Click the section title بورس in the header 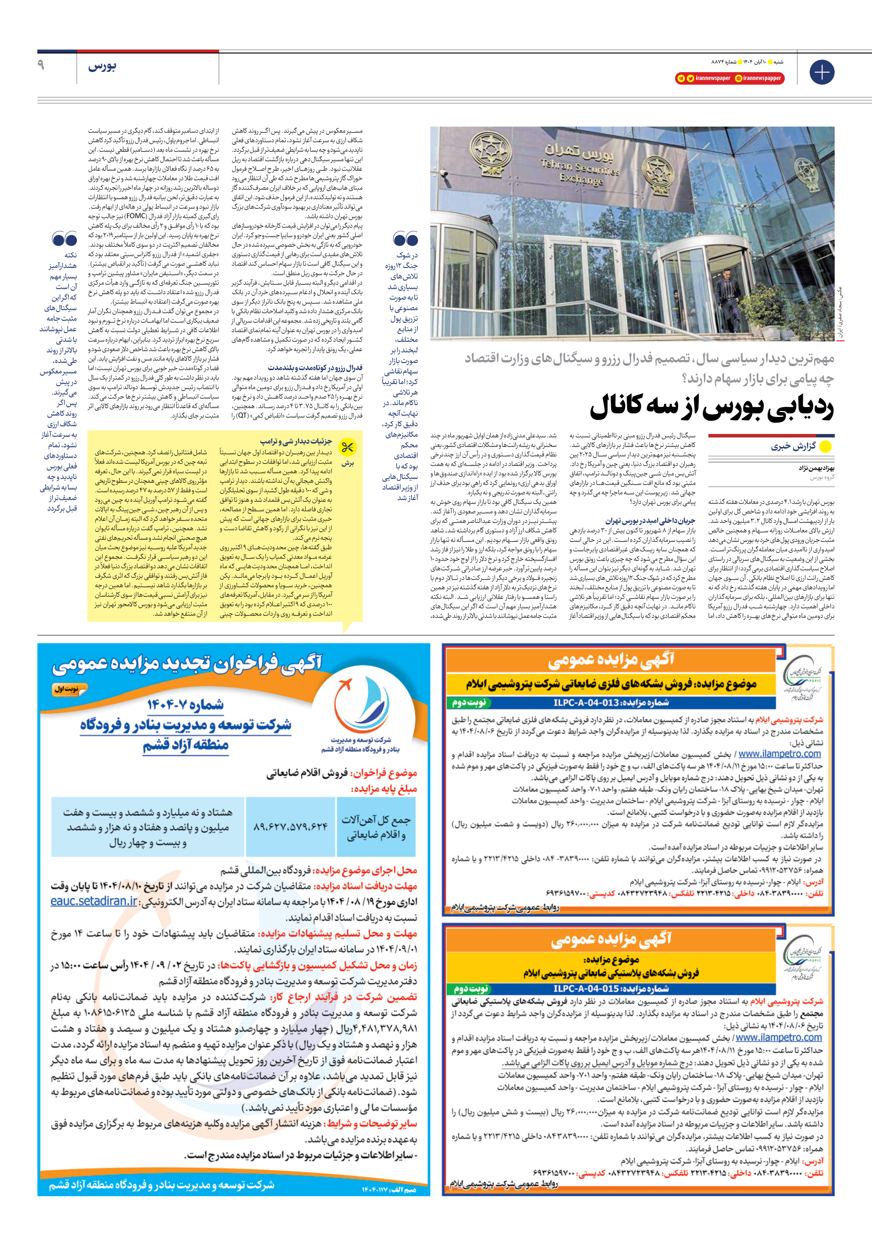point(102,67)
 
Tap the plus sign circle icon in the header point(821,72)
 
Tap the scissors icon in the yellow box point(347,448)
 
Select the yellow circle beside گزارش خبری point(825,447)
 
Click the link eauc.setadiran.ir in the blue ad point(94,901)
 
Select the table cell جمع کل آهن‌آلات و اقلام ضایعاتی point(376,827)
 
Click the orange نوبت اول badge point(69,689)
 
